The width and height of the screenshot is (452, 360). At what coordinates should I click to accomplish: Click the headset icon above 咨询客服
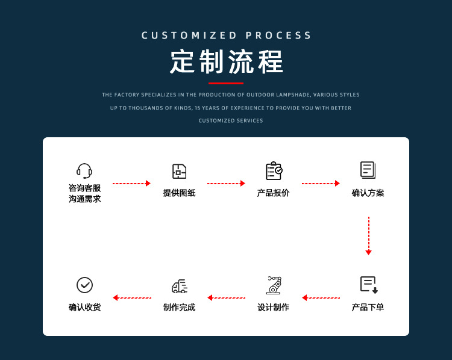[84, 170]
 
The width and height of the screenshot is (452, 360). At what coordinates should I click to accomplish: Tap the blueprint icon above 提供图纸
[179, 171]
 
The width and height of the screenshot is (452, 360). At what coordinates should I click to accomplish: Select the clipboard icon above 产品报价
[274, 171]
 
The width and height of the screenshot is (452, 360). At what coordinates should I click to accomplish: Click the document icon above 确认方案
[368, 170]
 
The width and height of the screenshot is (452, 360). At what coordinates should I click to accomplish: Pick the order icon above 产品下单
[368, 285]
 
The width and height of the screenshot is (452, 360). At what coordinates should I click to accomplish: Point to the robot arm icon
[274, 285]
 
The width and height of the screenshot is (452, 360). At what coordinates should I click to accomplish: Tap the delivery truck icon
[179, 286]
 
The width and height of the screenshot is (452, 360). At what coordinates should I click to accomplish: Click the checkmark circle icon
[84, 285]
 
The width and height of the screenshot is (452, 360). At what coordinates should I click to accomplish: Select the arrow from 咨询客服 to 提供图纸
[131, 183]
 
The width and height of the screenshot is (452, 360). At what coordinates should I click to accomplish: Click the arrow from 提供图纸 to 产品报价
[226, 183]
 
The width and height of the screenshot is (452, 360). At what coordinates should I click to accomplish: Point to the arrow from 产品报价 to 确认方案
[321, 183]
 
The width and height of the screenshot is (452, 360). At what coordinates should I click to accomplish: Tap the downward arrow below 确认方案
[368, 235]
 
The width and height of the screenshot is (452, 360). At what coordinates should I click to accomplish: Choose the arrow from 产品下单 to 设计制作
[321, 297]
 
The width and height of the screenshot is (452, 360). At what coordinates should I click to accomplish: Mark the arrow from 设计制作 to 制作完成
[226, 297]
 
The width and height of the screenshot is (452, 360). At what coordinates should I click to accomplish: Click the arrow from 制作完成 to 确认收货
[131, 297]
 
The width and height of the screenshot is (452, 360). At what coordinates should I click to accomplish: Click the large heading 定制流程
[226, 62]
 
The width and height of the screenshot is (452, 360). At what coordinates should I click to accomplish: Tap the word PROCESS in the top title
[279, 36]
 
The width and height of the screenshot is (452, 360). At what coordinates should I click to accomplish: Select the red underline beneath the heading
[226, 83]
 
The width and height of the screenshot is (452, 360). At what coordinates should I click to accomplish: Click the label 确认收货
[84, 308]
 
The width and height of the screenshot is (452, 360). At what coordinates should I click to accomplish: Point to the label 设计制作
[274, 308]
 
